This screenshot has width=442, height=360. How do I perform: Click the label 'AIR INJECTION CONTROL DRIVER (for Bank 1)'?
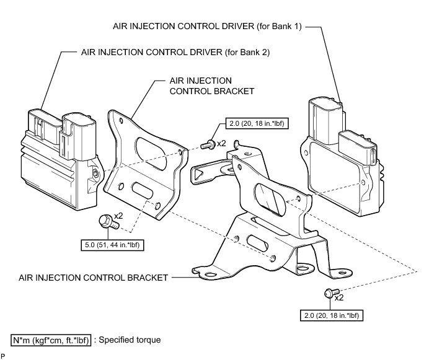point(207,26)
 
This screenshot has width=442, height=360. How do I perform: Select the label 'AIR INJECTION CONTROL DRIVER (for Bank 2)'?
point(175,52)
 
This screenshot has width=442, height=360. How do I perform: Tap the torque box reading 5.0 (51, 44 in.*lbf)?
point(112,245)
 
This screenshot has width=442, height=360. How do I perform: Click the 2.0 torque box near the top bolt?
point(257,123)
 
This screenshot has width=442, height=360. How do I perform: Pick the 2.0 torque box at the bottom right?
point(332,315)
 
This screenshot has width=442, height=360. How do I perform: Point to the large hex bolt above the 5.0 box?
point(108,222)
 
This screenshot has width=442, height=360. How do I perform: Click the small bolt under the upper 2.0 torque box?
point(208,145)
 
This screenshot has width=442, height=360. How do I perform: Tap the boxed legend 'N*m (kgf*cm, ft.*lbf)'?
point(51,340)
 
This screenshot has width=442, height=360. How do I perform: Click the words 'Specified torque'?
point(130,340)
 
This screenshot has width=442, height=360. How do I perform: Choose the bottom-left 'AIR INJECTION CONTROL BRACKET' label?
point(94,278)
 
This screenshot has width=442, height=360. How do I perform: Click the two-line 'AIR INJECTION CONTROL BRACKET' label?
point(211,86)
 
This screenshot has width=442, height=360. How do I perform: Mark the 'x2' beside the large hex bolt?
point(118,216)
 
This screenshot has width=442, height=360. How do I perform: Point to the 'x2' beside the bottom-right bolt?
point(339,298)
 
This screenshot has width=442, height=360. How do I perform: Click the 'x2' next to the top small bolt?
point(221,143)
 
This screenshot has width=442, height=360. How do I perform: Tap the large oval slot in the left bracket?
point(151,154)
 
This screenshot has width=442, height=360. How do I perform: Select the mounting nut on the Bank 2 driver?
point(96,173)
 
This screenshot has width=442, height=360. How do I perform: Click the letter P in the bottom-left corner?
point(3,356)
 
